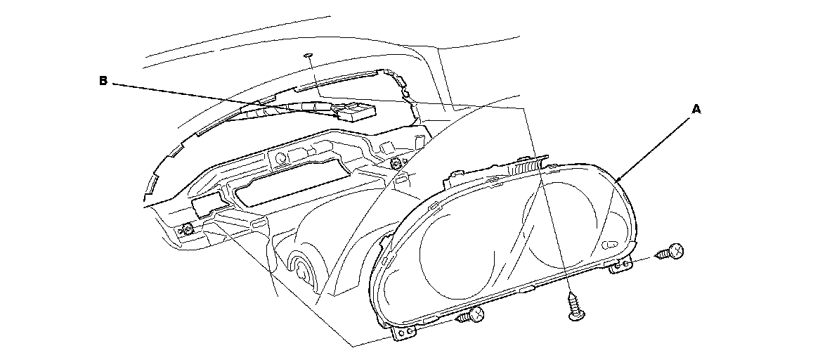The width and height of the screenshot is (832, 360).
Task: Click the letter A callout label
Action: [696, 109]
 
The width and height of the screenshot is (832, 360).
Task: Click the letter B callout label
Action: [103, 82]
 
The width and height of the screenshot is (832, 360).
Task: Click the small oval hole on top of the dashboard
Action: [308, 53]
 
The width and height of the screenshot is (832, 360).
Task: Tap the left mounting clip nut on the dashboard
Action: [188, 229]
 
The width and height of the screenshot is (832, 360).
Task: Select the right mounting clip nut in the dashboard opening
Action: [398, 162]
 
